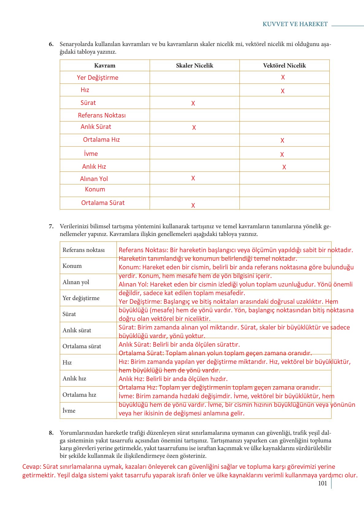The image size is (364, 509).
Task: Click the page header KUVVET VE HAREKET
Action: tap(295, 24)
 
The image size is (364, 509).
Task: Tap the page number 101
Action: tap(322, 484)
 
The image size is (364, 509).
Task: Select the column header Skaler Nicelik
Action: tap(194, 65)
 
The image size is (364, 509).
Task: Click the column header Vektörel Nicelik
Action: tap(284, 65)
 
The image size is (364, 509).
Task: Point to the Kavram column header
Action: tap(105, 65)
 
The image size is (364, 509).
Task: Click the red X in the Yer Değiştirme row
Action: tap(283, 77)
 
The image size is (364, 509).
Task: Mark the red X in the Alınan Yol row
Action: tap(193, 178)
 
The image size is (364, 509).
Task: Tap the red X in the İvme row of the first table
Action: tap(282, 155)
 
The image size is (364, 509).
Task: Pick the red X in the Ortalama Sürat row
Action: tap(193, 206)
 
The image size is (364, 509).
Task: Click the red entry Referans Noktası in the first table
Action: tap(102, 115)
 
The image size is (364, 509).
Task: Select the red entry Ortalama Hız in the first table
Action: tap(101, 140)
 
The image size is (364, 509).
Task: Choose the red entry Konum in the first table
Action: tap(95, 189)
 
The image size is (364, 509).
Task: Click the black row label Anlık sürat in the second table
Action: tap(77, 330)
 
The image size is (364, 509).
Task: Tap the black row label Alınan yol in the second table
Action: tap(76, 282)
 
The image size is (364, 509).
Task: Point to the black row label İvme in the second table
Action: tap(69, 411)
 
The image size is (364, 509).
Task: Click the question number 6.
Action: tap(51, 44)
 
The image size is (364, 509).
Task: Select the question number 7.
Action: tap(51, 226)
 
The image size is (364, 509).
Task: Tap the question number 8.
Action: tap(51, 433)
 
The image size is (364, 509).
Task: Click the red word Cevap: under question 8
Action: tap(31, 467)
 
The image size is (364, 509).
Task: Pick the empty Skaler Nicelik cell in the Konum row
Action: tap(194, 191)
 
